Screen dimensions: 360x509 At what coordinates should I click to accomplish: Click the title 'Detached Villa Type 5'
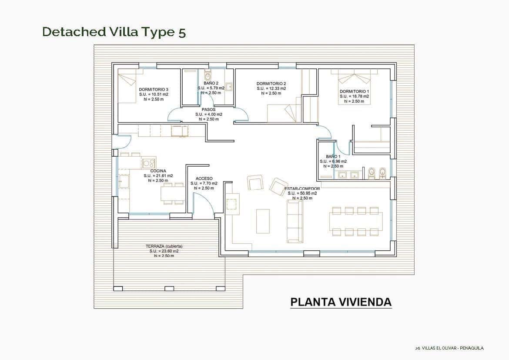[x=114, y=32]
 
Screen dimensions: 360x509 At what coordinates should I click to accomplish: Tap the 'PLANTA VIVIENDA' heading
[x=341, y=302]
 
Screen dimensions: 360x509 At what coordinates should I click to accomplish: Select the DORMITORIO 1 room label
[x=354, y=91]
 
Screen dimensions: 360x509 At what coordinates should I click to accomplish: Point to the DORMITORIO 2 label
[x=271, y=84]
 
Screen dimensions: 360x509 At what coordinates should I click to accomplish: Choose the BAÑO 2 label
[x=211, y=83]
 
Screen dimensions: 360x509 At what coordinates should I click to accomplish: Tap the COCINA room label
[x=158, y=171]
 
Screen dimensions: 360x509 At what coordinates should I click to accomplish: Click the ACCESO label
[x=204, y=178]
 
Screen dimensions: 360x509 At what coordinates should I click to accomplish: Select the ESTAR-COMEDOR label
[x=302, y=188]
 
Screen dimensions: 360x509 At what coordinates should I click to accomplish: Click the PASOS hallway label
[x=208, y=110]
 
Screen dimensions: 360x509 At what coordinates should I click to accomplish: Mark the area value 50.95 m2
[x=305, y=193]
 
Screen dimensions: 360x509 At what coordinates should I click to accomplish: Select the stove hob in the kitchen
[x=149, y=163]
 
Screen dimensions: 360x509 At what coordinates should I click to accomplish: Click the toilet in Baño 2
[x=208, y=73]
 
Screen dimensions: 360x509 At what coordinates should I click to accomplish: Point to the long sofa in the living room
[x=295, y=221]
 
